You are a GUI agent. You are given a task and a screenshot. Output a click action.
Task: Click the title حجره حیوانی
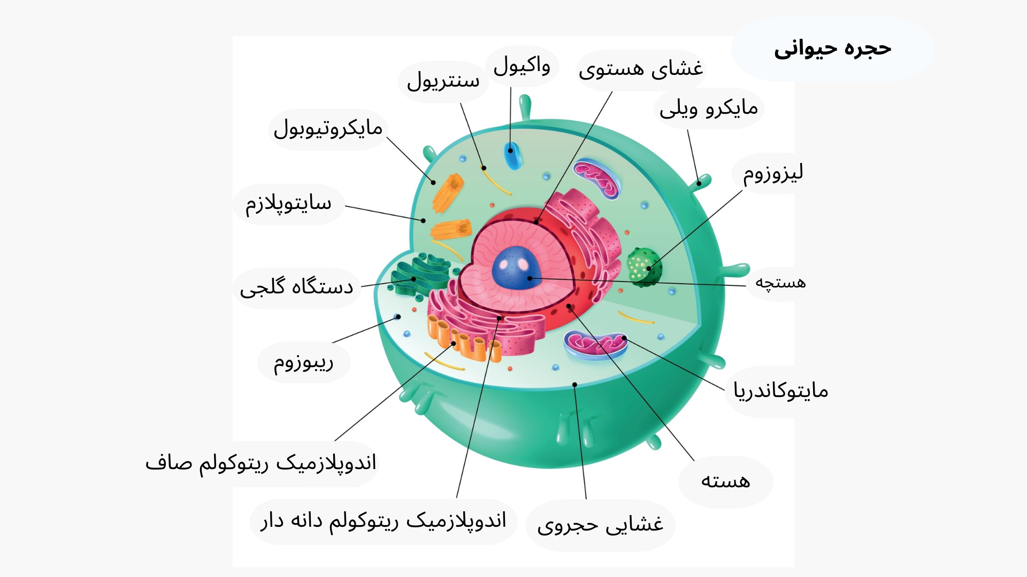(832, 49)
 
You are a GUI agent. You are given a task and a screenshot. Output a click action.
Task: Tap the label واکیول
(522, 66)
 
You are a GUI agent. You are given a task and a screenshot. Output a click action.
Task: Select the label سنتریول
(443, 81)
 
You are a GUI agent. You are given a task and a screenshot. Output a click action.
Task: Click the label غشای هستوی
(641, 69)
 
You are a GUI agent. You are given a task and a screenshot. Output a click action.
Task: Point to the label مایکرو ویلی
(708, 108)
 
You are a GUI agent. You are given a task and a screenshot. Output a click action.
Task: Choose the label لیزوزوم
(773, 173)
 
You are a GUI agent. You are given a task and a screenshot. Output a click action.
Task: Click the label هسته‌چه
(780, 283)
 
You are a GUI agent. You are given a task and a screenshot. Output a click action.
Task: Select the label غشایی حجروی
(600, 525)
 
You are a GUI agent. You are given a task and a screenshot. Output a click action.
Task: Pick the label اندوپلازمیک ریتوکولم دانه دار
(383, 521)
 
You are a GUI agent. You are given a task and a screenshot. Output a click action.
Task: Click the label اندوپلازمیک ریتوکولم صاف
(261, 463)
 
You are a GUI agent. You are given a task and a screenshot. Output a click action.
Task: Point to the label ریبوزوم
(303, 362)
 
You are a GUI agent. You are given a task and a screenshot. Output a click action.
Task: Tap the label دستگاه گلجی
(296, 287)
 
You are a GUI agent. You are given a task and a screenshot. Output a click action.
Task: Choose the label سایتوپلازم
(288, 204)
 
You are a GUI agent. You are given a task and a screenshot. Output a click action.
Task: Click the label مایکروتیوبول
(328, 129)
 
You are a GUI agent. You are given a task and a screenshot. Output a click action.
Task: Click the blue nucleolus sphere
(515, 268)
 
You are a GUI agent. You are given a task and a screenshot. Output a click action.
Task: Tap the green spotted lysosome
(643, 267)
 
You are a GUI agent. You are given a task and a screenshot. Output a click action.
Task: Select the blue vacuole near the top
(512, 155)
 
